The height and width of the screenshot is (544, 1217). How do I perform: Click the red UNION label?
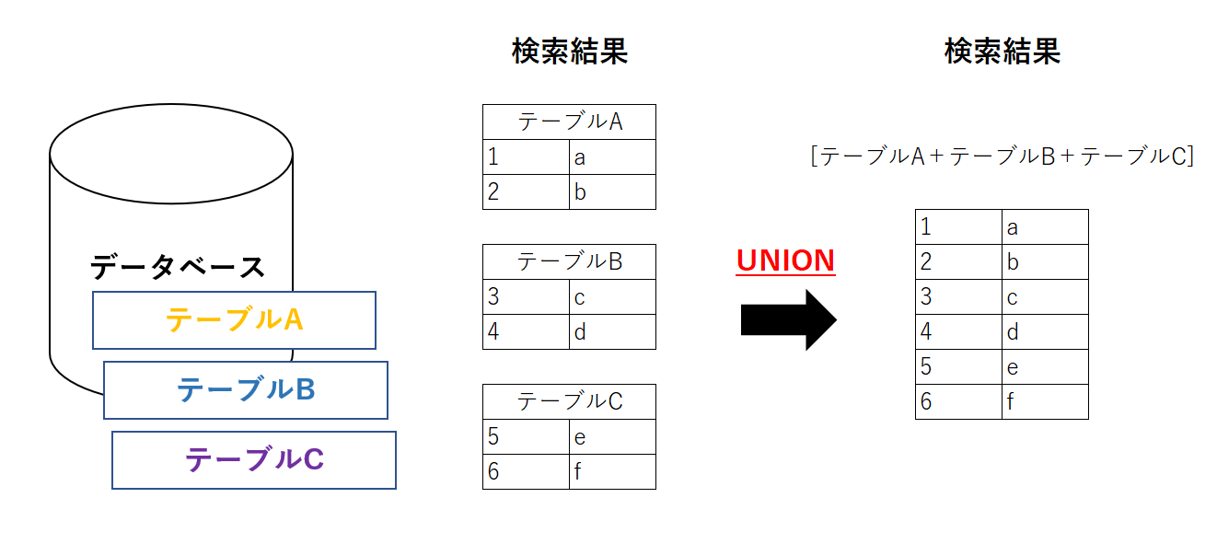point(785,260)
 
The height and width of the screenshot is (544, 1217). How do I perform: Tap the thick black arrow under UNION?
point(787,319)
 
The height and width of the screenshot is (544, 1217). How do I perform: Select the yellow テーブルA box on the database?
point(234,320)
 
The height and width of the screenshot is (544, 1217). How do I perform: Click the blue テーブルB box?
point(245,390)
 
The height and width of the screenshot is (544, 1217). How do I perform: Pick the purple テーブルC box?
point(254,459)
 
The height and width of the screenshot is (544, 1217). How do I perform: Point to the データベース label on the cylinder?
point(177,268)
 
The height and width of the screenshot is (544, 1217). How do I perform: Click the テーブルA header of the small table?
point(569,122)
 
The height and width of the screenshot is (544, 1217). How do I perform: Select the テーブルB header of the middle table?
point(569,261)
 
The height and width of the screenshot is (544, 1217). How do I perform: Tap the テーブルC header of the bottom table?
point(569,401)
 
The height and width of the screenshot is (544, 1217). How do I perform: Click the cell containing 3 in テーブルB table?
point(526,297)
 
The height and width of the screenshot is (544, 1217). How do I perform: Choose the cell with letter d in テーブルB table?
point(612,332)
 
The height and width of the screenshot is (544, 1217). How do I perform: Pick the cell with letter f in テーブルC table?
point(612,472)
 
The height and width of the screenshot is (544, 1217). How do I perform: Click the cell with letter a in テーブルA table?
point(612,157)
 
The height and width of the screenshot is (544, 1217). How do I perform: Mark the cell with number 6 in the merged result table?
point(958,402)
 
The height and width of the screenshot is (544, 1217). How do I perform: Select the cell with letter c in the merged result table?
point(1045,297)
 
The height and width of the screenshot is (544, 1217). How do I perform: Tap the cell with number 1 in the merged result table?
point(958,227)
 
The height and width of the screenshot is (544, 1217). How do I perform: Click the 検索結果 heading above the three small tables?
point(569,52)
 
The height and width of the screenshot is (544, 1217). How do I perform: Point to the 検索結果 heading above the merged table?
point(1002,52)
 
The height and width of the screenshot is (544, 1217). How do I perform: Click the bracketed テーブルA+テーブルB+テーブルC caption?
point(1002,156)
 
